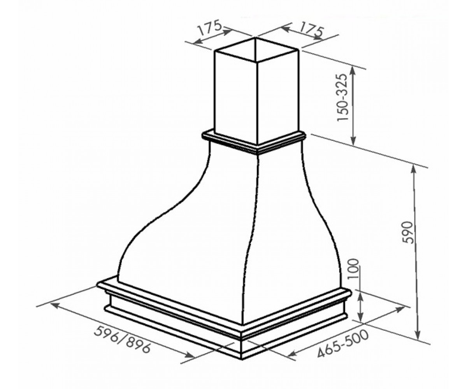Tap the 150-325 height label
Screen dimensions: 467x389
(342, 97)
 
